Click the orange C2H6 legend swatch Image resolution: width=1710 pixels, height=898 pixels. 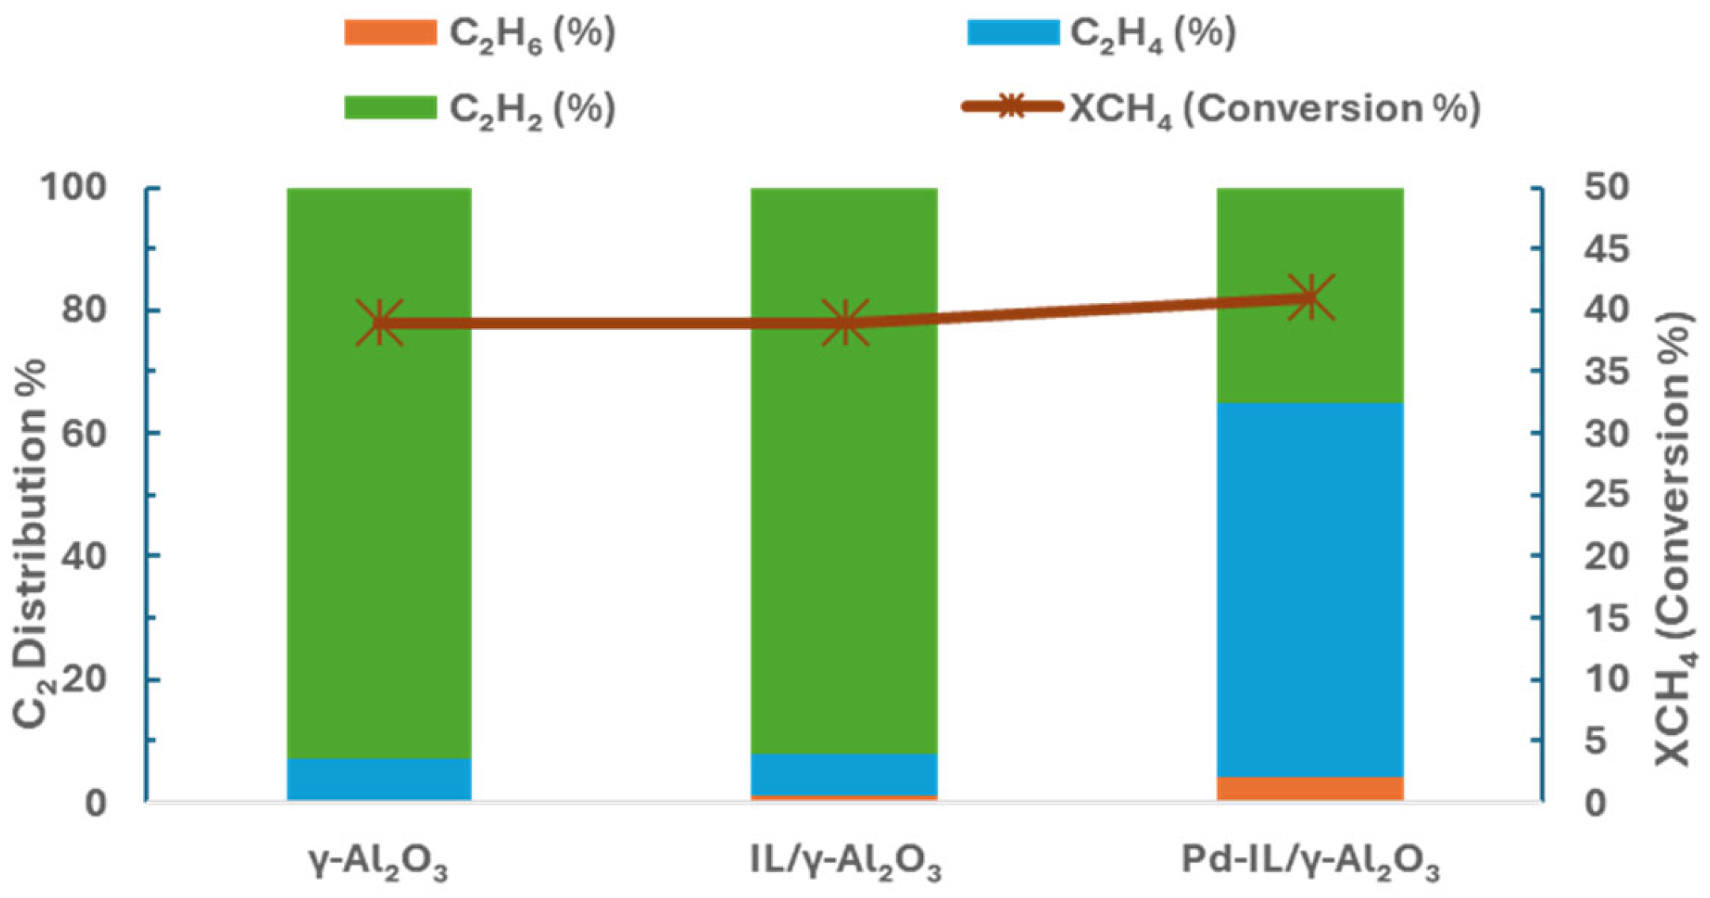pyautogui.click(x=390, y=32)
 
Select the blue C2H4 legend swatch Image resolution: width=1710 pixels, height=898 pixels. pyautogui.click(x=1012, y=32)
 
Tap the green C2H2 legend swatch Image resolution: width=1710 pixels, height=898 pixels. pyautogui.click(x=390, y=107)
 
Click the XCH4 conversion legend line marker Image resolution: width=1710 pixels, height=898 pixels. pyautogui.click(x=1012, y=106)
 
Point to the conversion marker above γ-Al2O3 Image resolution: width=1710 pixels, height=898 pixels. pyautogui.click(x=380, y=323)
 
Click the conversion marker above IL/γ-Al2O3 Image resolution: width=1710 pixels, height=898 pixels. pyautogui.click(x=845, y=323)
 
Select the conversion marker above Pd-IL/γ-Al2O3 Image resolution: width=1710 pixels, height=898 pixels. pyautogui.click(x=1311, y=297)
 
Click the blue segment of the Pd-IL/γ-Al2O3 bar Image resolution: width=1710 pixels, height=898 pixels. pyautogui.click(x=1310, y=589)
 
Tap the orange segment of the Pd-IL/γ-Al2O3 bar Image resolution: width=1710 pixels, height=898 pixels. pyautogui.click(x=1310, y=788)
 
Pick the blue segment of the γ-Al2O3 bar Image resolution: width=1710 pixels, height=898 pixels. pyautogui.click(x=380, y=779)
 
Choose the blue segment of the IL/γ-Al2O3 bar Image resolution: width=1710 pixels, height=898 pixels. pyautogui.click(x=845, y=774)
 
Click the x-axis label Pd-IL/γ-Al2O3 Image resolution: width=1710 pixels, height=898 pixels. pyautogui.click(x=1310, y=862)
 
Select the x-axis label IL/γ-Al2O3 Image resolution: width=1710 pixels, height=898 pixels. pyautogui.click(x=845, y=862)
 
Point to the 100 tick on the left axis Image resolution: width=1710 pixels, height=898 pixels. pyautogui.click(x=73, y=188)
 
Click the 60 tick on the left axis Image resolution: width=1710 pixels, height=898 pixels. pyautogui.click(x=84, y=434)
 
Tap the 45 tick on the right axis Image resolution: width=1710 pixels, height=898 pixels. pyautogui.click(x=1606, y=250)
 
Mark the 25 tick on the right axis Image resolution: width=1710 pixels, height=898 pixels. pyautogui.click(x=1606, y=495)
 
